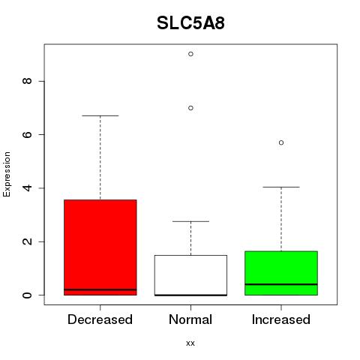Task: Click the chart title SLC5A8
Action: coord(190,22)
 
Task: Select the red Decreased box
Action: coord(100,247)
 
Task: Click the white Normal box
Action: coord(190,275)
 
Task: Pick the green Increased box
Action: coord(281,273)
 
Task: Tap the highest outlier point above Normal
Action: coord(190,54)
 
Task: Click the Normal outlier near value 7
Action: coord(190,108)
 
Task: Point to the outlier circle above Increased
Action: coord(281,142)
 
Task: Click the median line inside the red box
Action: coord(100,289)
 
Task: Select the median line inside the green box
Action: coord(281,284)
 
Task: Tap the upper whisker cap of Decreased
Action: coord(100,115)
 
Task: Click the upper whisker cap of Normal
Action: coord(190,221)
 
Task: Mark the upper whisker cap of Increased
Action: coord(281,187)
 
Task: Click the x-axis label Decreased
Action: coord(100,319)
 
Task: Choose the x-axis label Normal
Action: coord(190,319)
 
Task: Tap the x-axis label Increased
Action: coord(281,319)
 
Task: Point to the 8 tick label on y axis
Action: coord(28,81)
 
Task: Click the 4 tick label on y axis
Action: coord(28,188)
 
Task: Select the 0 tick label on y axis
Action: coord(28,295)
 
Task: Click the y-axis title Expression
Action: coord(7,174)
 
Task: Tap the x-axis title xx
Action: coord(190,343)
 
